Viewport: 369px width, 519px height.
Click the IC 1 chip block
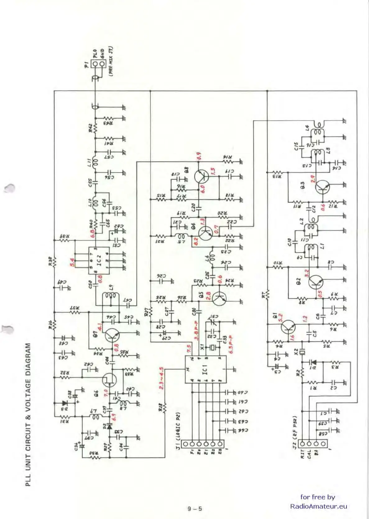click(205, 370)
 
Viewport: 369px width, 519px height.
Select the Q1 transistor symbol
click(288, 327)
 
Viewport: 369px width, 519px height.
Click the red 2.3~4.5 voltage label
click(161, 378)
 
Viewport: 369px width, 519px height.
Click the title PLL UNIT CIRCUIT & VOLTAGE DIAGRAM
click(28, 415)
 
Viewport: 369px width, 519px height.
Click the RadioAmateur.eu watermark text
click(318, 506)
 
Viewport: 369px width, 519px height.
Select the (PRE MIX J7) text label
click(111, 61)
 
